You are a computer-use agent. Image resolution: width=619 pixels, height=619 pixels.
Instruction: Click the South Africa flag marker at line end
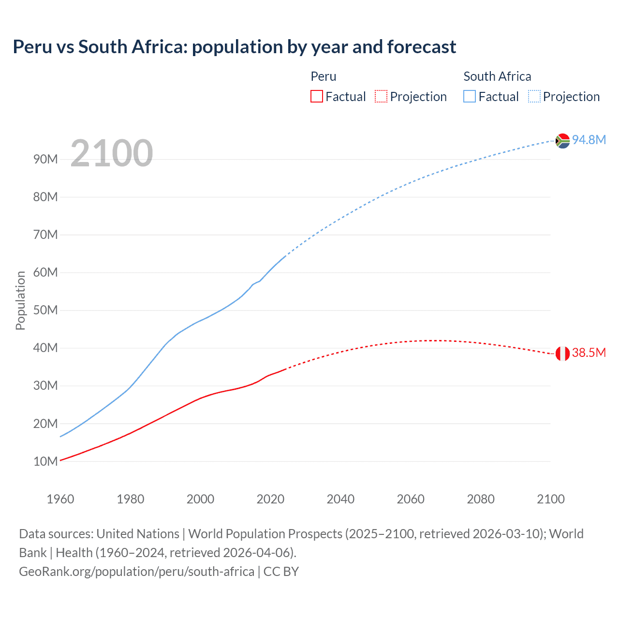click(562, 141)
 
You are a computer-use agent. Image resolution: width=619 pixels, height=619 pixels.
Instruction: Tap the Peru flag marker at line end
click(562, 354)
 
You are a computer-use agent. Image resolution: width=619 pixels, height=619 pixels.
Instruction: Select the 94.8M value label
click(589, 140)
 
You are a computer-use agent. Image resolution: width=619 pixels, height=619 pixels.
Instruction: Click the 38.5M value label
click(589, 353)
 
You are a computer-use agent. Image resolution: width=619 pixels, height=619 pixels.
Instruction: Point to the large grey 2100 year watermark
click(112, 153)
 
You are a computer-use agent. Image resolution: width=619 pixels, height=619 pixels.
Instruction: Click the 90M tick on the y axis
click(45, 159)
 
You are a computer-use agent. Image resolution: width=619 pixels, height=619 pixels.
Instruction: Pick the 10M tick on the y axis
click(45, 461)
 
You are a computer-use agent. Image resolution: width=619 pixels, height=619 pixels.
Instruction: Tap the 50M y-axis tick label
click(45, 310)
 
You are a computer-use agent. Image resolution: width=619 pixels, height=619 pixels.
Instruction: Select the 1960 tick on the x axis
click(60, 499)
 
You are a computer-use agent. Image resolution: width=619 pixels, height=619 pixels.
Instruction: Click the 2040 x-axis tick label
click(340, 499)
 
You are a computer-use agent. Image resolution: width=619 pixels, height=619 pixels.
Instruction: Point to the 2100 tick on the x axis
click(550, 499)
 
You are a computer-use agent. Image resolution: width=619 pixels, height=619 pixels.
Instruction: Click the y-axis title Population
click(20, 300)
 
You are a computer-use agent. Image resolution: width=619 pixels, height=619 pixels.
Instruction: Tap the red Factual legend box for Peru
click(317, 96)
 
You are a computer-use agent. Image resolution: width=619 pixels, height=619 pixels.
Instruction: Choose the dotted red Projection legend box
click(381, 96)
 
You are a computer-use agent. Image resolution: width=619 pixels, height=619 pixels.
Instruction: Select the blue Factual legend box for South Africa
click(470, 96)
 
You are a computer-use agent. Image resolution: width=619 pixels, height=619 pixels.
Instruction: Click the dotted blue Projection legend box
click(534, 96)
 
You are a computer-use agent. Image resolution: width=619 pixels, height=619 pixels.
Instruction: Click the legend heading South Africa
click(497, 76)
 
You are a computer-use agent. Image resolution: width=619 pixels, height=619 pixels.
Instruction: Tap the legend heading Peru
click(323, 76)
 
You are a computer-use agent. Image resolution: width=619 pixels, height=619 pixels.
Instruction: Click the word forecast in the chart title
click(421, 47)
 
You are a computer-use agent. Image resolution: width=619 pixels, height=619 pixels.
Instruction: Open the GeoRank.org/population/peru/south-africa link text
click(136, 572)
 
